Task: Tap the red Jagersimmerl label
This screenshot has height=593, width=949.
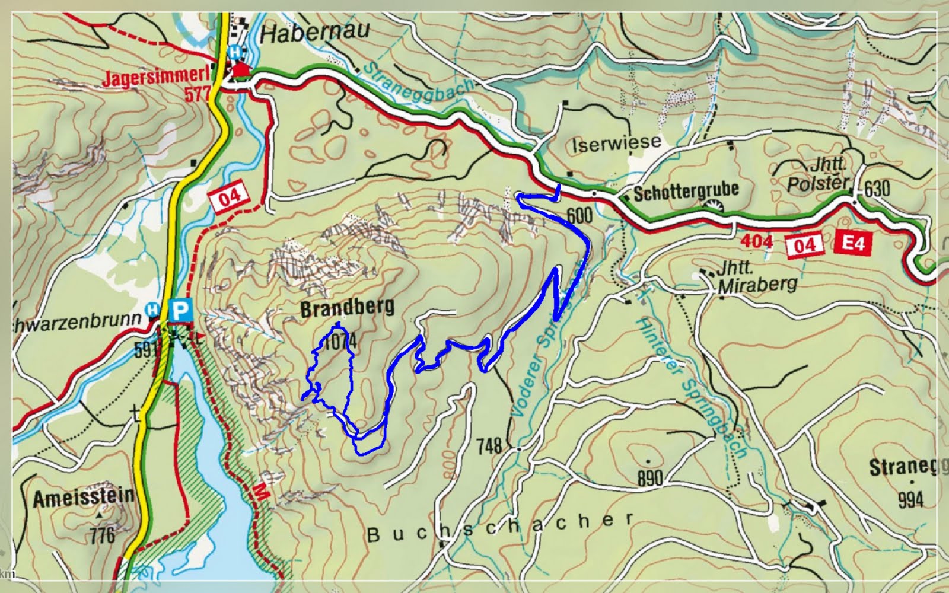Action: pyautogui.click(x=156, y=78)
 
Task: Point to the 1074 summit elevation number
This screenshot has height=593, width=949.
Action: pyautogui.click(x=340, y=342)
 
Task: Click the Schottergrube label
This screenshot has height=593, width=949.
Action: pyautogui.click(x=686, y=191)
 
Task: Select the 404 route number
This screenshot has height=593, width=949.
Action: pyautogui.click(x=757, y=241)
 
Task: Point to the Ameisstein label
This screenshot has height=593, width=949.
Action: pyautogui.click(x=83, y=498)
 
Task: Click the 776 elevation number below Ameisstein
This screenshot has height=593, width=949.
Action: pyautogui.click(x=102, y=535)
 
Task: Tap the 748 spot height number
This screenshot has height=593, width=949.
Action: pyautogui.click(x=489, y=445)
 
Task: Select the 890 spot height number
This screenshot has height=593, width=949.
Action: pyautogui.click(x=649, y=478)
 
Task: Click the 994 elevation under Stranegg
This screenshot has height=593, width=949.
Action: pyautogui.click(x=910, y=500)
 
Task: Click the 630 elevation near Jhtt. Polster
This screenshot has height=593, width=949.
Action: pyautogui.click(x=877, y=189)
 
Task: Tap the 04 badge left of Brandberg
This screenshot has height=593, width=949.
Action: pyautogui.click(x=230, y=196)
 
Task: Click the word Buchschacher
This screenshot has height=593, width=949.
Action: pyautogui.click(x=500, y=527)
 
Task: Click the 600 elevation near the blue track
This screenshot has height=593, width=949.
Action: pyautogui.click(x=579, y=216)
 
